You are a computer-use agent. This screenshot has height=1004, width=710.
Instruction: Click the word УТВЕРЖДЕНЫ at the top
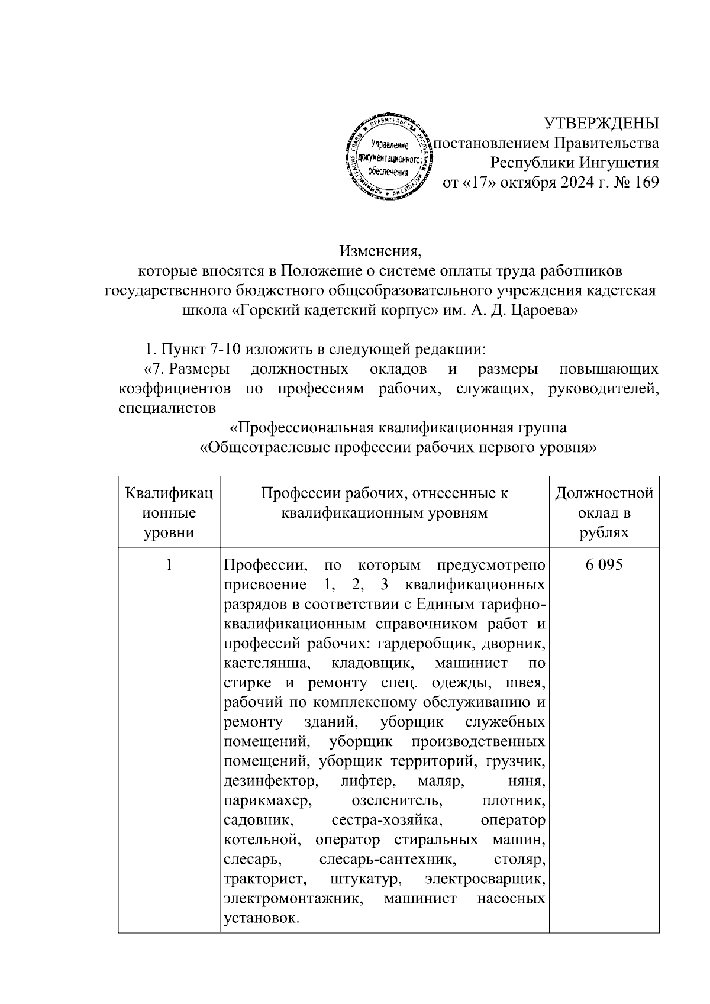click(x=601, y=124)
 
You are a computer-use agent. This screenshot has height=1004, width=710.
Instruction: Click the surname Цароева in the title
click(x=543, y=311)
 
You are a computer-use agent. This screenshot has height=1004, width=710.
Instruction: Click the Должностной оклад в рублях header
click(x=604, y=512)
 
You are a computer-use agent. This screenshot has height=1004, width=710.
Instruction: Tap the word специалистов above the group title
click(x=166, y=408)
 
